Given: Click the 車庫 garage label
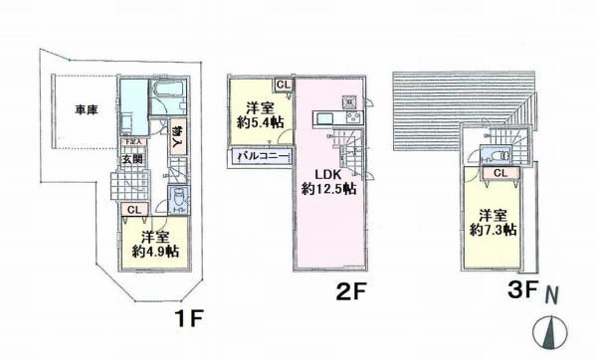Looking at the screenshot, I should coord(71,109).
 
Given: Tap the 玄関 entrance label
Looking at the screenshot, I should coord(130,157).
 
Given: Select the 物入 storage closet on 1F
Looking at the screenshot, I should coord(176,132).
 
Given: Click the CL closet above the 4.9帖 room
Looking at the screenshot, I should coord(132,209).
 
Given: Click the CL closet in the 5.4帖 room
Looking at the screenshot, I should coord(282,85).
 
